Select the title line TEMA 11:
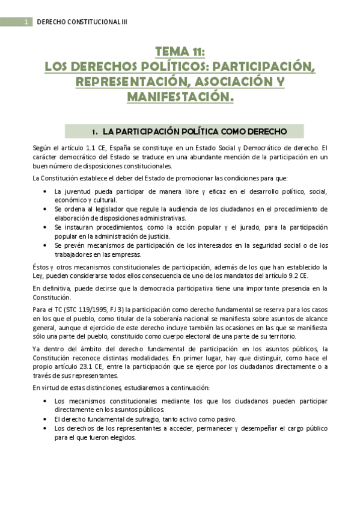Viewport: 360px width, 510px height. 180,52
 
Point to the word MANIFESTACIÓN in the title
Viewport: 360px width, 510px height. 180,96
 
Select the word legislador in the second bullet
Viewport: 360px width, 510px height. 111,209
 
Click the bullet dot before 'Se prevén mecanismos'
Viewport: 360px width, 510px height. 47,245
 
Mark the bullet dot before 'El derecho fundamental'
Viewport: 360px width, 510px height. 47,419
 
